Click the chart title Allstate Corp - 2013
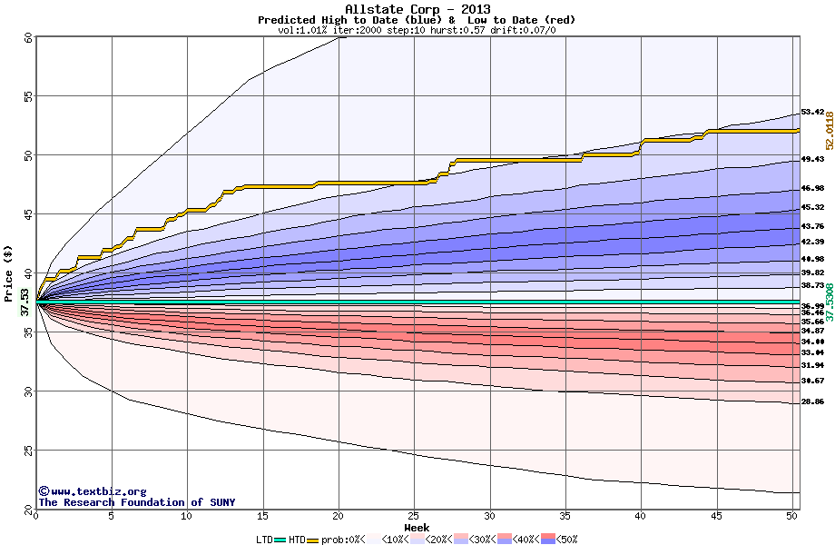click(x=417, y=9)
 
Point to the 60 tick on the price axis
click(x=28, y=37)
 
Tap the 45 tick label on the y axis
click(x=28, y=214)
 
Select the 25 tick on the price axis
click(x=28, y=451)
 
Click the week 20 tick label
click(x=339, y=517)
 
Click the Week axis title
click(x=417, y=527)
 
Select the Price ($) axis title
click(x=9, y=273)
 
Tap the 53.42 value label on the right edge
click(x=812, y=112)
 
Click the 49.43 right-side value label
click(x=812, y=159)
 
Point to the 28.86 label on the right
click(x=812, y=401)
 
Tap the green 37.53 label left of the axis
click(x=25, y=302)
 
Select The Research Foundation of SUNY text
click(x=136, y=502)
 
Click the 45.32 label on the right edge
click(x=812, y=207)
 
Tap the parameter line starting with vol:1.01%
click(x=417, y=30)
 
